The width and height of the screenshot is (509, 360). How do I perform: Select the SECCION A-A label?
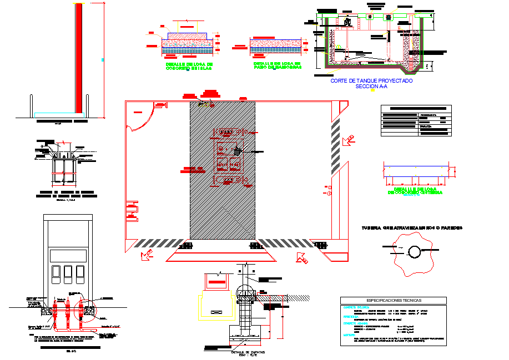tap(371, 87)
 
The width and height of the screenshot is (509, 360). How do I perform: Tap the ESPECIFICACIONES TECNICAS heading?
tap(393, 300)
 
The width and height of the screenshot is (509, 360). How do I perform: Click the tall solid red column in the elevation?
tap(79, 58)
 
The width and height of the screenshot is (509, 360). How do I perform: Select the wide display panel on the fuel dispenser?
tap(68, 255)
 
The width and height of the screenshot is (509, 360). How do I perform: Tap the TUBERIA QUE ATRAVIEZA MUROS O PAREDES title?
tap(412, 228)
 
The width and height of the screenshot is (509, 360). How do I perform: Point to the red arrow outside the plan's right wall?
tap(349, 140)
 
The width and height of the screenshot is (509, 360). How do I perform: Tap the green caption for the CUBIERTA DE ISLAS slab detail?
tap(189, 66)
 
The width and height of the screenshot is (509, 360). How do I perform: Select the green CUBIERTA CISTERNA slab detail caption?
tap(415, 191)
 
